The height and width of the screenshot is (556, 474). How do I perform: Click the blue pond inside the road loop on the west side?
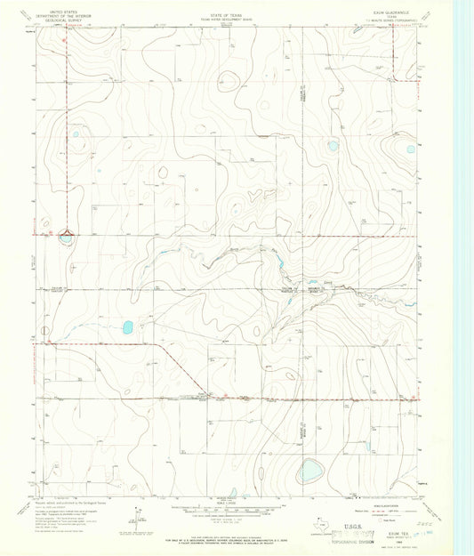66,237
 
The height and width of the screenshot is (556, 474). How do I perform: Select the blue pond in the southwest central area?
127,327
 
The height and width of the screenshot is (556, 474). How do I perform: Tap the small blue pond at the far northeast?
410,149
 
